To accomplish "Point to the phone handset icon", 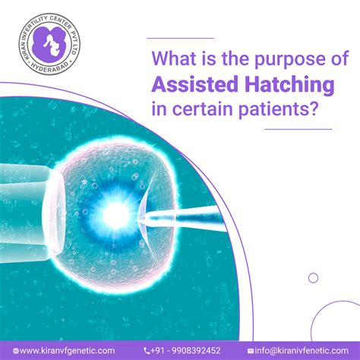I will point(147,350).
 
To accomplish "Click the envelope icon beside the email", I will point(251,350).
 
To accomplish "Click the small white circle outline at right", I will point(313,277).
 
